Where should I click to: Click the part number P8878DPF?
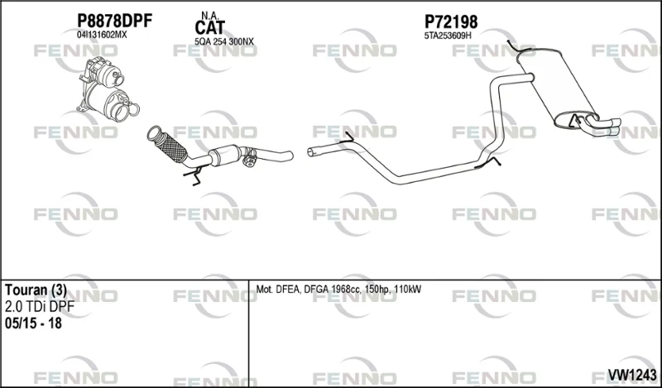(114, 21)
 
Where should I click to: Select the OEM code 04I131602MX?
(101, 35)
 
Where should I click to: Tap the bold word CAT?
(210, 28)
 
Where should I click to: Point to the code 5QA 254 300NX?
(224, 41)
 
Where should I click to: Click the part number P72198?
(451, 22)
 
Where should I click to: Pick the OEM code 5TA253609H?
(448, 36)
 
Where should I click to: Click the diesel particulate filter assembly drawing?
(108, 90)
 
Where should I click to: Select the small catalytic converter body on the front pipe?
(225, 155)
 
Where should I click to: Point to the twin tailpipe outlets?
(603, 124)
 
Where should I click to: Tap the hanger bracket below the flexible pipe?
(194, 175)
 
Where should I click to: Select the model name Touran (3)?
(36, 290)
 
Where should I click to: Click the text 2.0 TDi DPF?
(40, 307)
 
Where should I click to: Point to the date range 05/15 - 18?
(33, 323)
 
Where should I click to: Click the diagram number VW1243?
(632, 375)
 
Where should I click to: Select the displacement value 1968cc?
(349, 290)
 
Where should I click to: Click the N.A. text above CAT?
(209, 16)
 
